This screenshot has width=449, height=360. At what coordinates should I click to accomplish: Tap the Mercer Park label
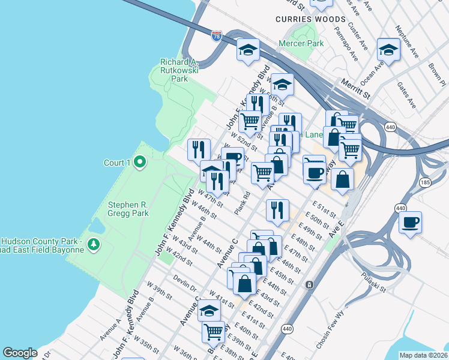(x=301, y=43)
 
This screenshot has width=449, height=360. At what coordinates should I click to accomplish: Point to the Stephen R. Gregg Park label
(x=128, y=208)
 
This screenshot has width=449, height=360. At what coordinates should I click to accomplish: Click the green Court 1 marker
(x=139, y=162)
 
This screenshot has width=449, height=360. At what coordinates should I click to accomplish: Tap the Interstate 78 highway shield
(x=217, y=37)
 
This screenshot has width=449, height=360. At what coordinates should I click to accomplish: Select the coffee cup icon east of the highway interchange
(x=410, y=223)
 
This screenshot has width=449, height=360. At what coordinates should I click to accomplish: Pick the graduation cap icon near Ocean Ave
(x=388, y=50)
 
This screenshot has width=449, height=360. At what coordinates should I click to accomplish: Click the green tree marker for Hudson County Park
(x=93, y=244)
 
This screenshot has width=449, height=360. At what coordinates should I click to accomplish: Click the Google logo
(x=20, y=353)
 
